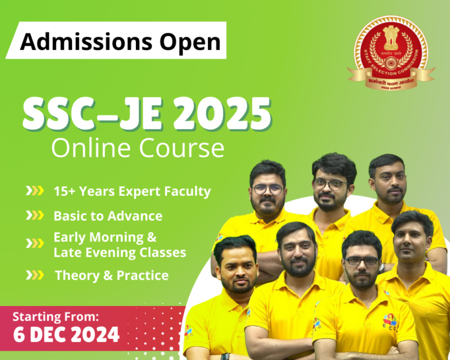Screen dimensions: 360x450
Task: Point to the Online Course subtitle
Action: pos(137,148)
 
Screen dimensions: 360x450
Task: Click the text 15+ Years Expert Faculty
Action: pos(132,191)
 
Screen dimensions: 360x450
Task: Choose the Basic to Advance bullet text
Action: pos(108,216)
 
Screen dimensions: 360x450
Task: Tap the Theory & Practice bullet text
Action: pos(111,275)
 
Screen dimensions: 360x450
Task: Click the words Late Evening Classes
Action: pos(120,253)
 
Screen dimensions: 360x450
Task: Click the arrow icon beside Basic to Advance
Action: pos(35,216)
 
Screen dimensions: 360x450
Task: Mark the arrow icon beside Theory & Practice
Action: pos(35,275)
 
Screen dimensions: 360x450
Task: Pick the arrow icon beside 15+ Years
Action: pos(35,191)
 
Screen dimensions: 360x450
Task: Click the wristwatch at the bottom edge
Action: pos(225,356)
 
